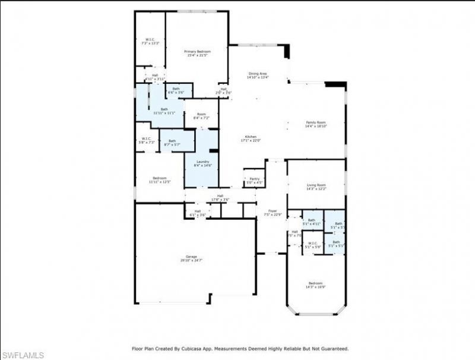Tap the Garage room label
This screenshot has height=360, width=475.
pos(191,257)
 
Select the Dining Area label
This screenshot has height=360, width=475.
pos(258,73)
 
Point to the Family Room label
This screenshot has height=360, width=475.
pos(316,122)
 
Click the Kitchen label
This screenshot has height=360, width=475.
pos(251,137)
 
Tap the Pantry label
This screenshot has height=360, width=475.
pos(254,179)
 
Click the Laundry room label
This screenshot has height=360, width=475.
pos(201,162)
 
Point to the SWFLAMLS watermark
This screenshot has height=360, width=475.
pos(23,355)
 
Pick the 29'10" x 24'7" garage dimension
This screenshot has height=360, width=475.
pos(191,260)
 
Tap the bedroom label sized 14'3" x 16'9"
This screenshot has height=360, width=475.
pos(316,283)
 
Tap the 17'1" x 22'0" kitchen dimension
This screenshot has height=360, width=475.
pos(251,140)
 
